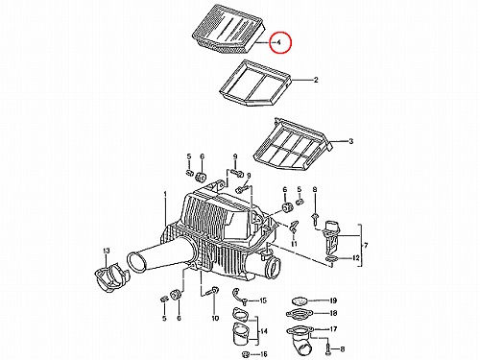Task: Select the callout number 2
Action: point(316,80)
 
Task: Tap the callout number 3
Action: point(350,141)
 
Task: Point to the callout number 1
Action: point(165,194)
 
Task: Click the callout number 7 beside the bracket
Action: point(366,246)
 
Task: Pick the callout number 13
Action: point(107,251)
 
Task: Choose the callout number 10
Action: point(215,318)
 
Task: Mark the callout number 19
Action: point(333,300)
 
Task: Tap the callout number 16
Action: point(263,354)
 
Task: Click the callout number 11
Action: point(294,244)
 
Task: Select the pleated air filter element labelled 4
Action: point(228,31)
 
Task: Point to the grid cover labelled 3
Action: point(292,144)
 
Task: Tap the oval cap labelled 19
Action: point(300,301)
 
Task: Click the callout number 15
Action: point(263,300)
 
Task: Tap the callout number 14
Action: point(263,331)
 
